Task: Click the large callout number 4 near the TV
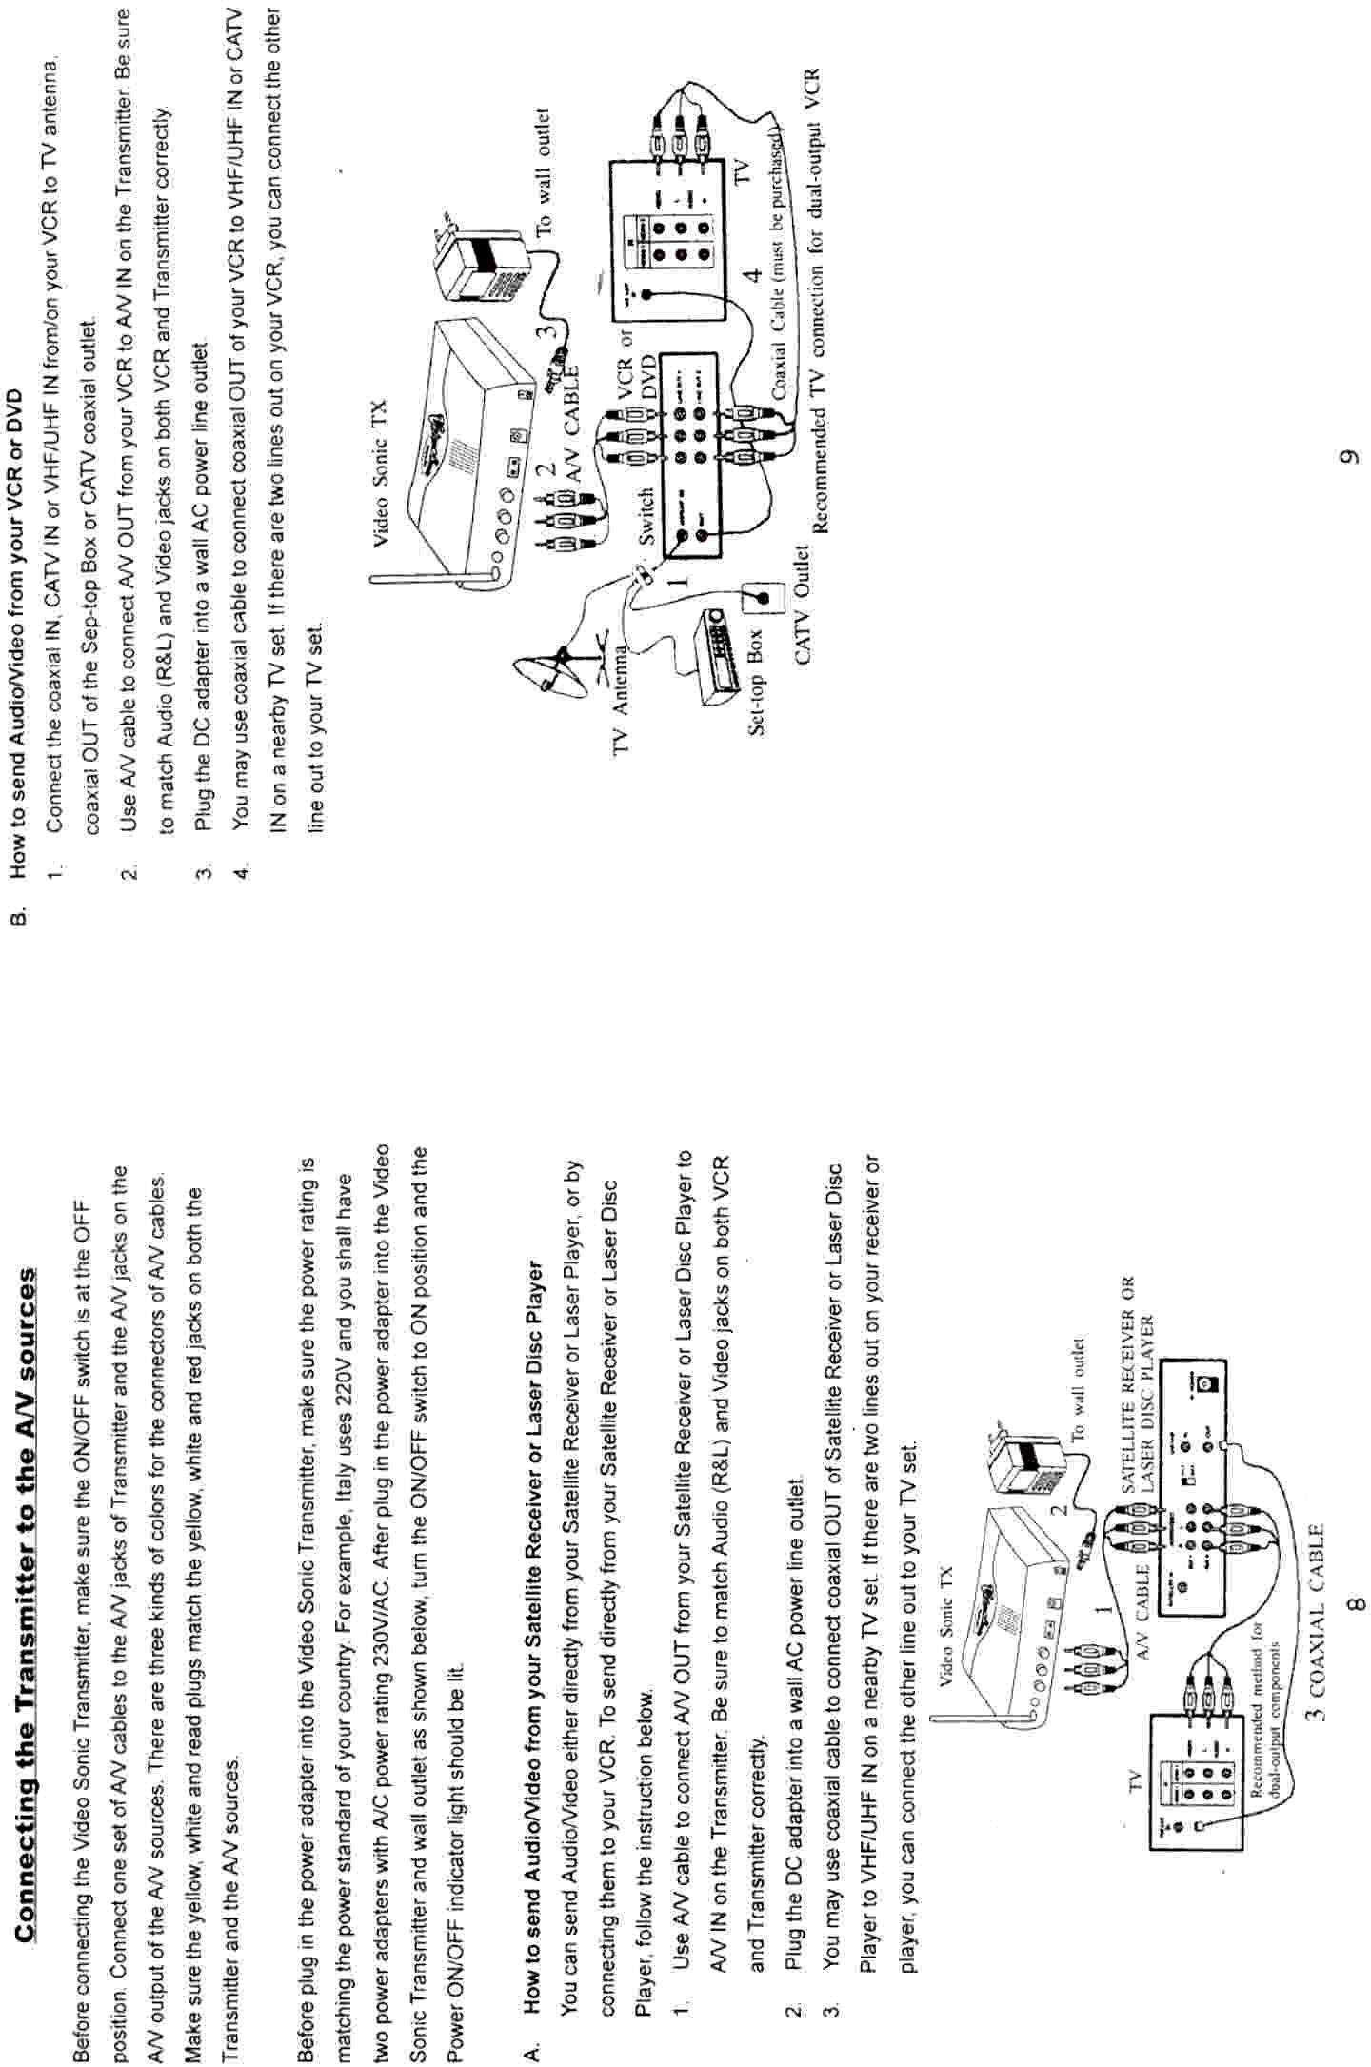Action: coord(751,277)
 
